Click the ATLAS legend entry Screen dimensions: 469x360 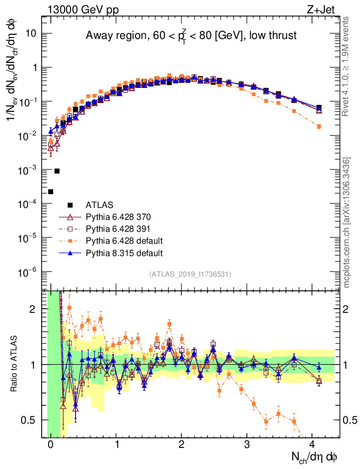(99, 205)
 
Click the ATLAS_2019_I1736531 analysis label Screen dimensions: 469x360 (190, 274)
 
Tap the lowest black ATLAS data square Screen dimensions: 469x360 (51, 191)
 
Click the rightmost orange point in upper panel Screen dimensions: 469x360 (319, 126)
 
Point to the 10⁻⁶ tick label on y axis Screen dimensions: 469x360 (28, 273)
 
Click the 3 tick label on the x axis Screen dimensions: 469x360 (247, 444)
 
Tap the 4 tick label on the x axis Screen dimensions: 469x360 (312, 444)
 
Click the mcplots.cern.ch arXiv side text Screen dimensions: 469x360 (347, 222)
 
